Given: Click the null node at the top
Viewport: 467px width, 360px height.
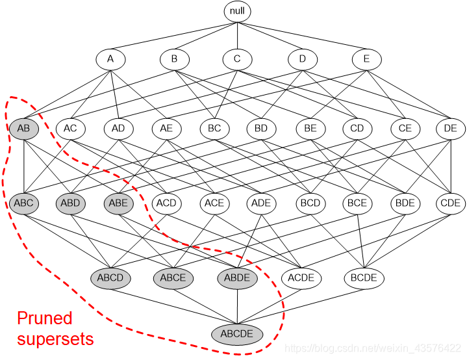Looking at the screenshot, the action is pos(237,11).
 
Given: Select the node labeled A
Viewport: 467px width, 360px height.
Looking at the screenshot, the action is pos(110,59).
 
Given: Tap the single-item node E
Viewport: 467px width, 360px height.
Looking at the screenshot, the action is pos(366,59).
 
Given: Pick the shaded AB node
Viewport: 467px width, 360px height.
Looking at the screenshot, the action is pos(24,129).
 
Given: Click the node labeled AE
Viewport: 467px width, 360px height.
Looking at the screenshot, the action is pos(166,129).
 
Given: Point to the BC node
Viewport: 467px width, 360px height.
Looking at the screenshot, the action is pos(214,129).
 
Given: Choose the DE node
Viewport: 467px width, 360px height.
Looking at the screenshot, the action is pos(450,129).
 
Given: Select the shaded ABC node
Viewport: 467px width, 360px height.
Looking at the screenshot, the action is pos(24,203).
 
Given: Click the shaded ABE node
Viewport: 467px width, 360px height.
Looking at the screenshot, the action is pos(119,203).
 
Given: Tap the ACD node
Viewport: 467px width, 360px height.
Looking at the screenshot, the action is pos(166,203).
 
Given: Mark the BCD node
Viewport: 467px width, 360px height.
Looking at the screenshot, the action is pos(310,203).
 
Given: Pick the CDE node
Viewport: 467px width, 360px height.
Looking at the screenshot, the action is pos(450,203).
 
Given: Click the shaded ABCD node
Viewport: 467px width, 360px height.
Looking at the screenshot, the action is pos(110,278).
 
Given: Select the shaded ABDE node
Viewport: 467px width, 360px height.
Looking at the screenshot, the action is pos(237,278).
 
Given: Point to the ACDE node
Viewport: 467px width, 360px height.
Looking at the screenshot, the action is pos(301,278).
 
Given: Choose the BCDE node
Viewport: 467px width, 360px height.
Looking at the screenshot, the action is pos(364,278).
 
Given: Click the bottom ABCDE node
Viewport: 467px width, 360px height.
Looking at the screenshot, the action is pos(237,335).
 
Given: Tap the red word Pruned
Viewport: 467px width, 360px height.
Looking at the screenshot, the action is pos(45,318).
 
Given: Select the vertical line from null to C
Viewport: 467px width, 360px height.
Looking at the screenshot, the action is pos(237,35).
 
